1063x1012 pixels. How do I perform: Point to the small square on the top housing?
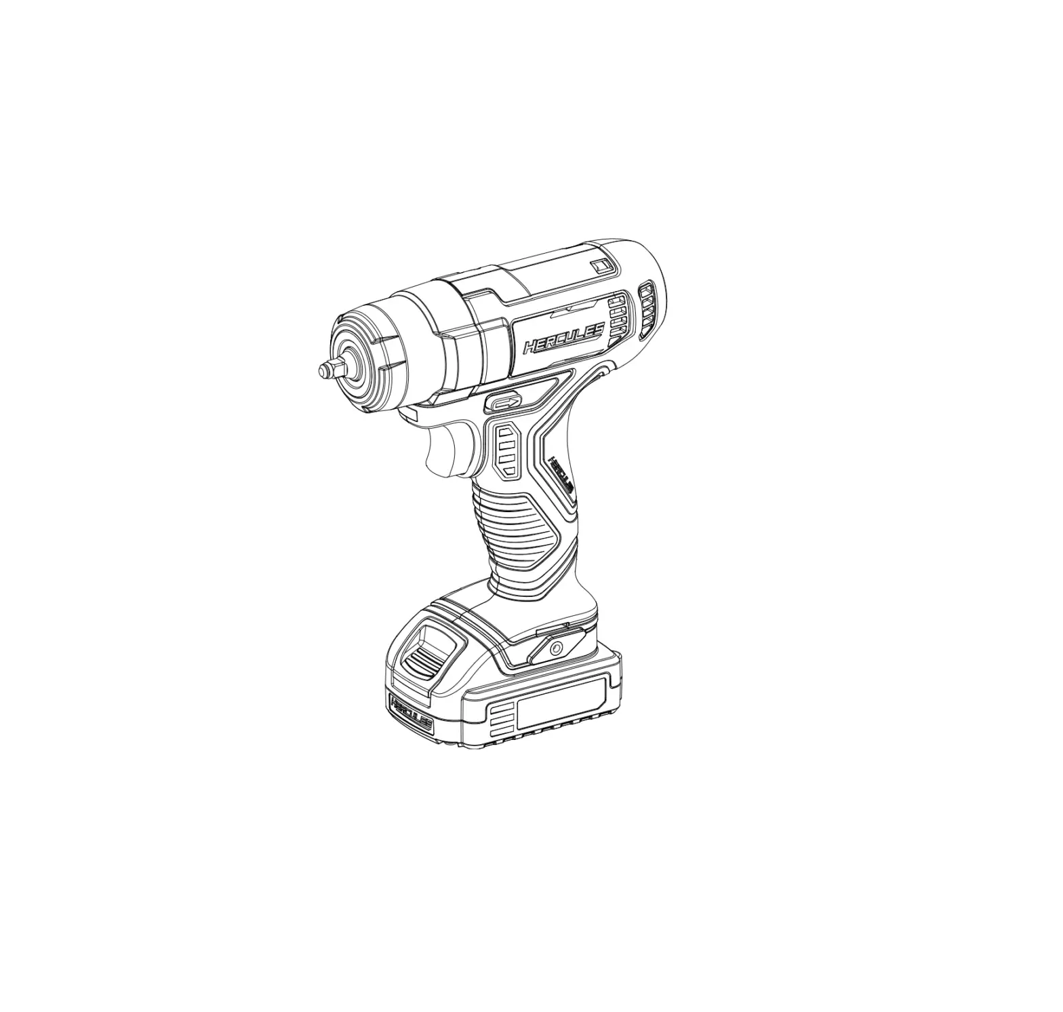599,266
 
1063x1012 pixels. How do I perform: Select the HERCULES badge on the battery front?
410,714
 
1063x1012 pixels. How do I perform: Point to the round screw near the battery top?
557,647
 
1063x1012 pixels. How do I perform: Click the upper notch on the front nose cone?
378,328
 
